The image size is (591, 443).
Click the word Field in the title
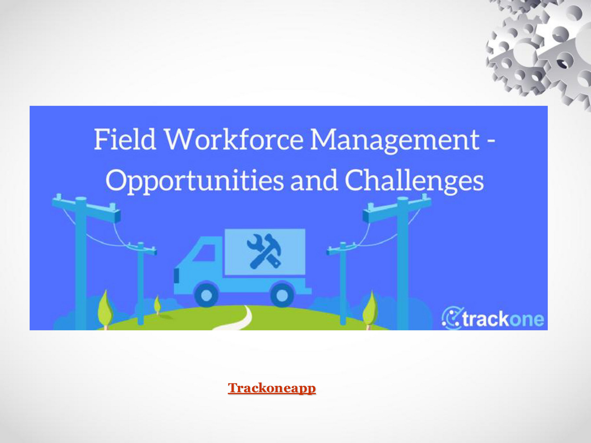tap(125, 139)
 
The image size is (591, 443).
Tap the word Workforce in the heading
tap(234, 139)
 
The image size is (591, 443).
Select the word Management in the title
tap(395, 140)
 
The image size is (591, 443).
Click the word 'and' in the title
tap(314, 181)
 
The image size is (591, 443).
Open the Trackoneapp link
tap(272, 388)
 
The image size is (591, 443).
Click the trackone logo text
tap(503, 319)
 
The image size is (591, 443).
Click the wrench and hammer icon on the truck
tap(264, 251)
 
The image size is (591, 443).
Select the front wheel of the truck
tap(207, 295)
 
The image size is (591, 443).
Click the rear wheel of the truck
tap(282, 295)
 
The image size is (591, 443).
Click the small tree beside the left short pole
tap(157, 305)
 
